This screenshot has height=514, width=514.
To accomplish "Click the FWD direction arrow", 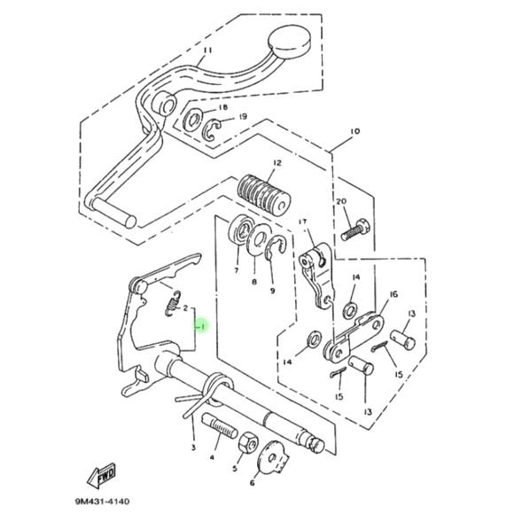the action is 101,475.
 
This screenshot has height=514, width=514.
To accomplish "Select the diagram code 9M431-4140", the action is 102,502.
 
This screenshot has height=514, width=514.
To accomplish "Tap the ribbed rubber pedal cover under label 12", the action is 264,196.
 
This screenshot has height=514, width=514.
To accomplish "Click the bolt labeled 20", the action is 355,230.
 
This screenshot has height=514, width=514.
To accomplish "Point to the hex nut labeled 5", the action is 248,443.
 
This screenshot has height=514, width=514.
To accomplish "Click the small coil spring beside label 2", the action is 172,304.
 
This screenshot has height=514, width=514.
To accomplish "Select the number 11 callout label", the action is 207,51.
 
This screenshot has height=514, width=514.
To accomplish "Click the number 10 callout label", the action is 354,131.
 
